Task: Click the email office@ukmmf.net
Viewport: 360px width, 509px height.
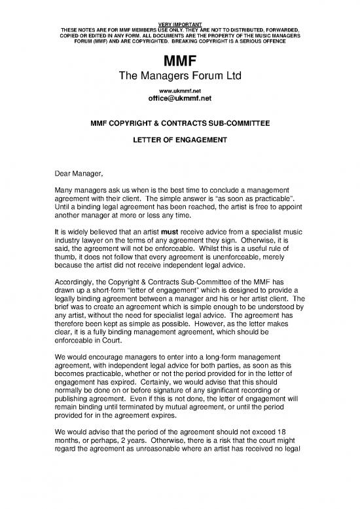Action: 179,100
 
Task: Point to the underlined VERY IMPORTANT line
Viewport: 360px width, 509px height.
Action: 179,24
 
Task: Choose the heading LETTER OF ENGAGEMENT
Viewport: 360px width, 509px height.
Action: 179,140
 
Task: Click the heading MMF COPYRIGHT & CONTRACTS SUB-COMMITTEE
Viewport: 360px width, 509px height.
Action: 179,122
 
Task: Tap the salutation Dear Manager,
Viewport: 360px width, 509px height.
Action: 78,175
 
